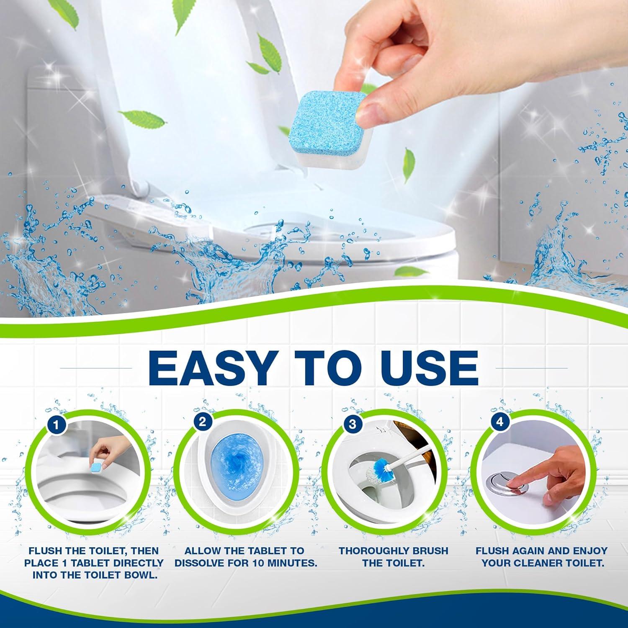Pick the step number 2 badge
203,422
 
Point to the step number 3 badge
352,424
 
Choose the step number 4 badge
499,422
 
